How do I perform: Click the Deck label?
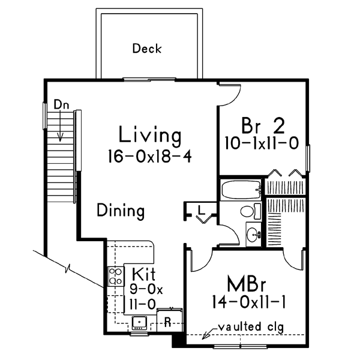[x=147, y=49]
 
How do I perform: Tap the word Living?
[x=150, y=134]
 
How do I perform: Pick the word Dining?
[x=121, y=211]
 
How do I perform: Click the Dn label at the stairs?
[x=61, y=104]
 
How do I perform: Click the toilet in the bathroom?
[x=247, y=211]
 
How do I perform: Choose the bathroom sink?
[x=253, y=233]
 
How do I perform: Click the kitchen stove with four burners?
[x=114, y=276]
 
